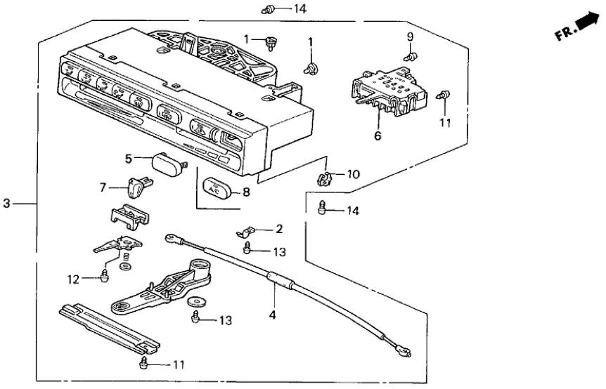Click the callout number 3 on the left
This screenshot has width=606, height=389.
[6, 204]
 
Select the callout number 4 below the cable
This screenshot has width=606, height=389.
[272, 315]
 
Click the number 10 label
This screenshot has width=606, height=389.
[354, 173]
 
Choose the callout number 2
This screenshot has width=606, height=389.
[279, 228]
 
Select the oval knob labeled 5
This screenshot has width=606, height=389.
[166, 166]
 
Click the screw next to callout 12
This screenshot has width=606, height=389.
[105, 276]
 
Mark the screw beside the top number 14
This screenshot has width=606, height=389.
[269, 10]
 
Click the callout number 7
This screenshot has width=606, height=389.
[103, 187]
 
